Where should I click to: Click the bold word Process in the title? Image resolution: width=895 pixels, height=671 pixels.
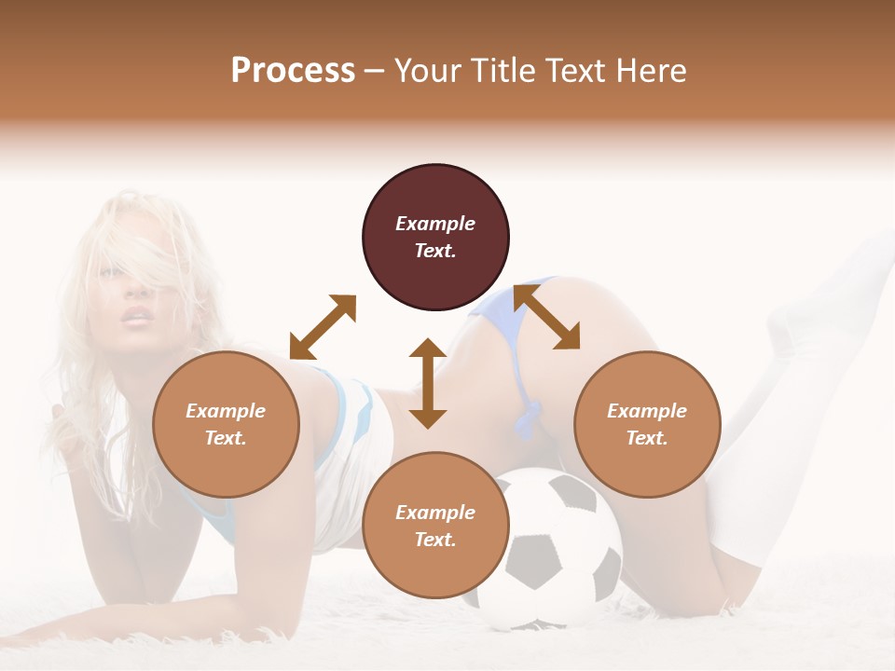[x=293, y=71]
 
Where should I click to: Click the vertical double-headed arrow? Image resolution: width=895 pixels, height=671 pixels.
[x=428, y=383]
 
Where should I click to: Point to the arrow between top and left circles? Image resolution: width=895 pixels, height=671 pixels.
[x=323, y=326]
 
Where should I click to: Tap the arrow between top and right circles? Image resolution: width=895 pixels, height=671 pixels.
[x=546, y=317]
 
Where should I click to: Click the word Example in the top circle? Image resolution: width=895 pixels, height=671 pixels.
[x=435, y=224]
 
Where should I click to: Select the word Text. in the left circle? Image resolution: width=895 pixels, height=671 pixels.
[x=226, y=438]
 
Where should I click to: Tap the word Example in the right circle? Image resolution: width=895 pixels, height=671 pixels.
[x=647, y=411]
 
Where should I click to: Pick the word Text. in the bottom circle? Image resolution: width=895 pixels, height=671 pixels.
[x=435, y=540]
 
